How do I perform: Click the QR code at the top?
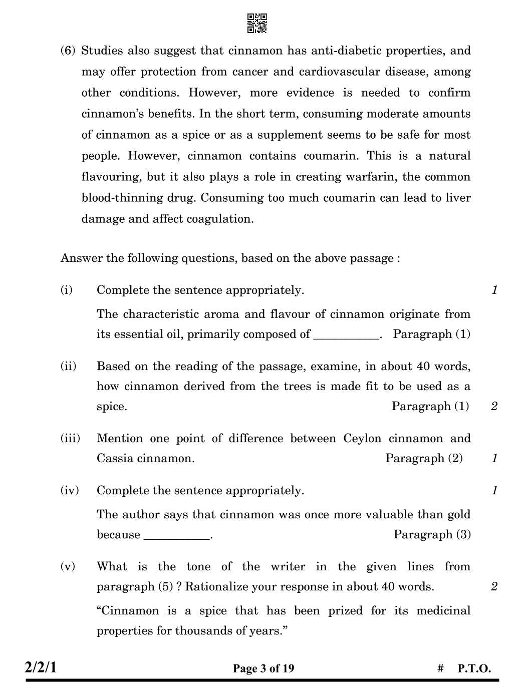click(257, 24)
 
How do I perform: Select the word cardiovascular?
click(339, 72)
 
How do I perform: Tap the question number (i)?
click(67, 290)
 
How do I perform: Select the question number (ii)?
click(68, 366)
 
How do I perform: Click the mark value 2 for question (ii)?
click(494, 406)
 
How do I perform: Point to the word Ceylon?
click(362, 438)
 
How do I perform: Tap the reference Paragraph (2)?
click(424, 458)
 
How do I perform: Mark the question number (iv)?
click(70, 490)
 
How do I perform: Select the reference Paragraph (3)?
click(432, 534)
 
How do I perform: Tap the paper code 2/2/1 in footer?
click(41, 667)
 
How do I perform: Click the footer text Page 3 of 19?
click(264, 668)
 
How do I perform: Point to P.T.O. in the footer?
click(474, 668)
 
